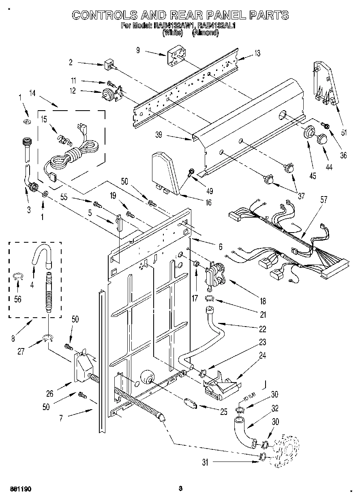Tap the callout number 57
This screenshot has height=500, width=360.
coord(324,199)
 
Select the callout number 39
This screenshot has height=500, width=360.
coord(159,135)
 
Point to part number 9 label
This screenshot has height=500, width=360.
coord(138,50)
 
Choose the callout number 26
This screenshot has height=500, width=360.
coord(49,393)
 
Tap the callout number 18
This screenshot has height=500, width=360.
coord(263,301)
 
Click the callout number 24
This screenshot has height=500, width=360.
coord(263,356)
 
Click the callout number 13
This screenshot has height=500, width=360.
coord(257,53)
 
